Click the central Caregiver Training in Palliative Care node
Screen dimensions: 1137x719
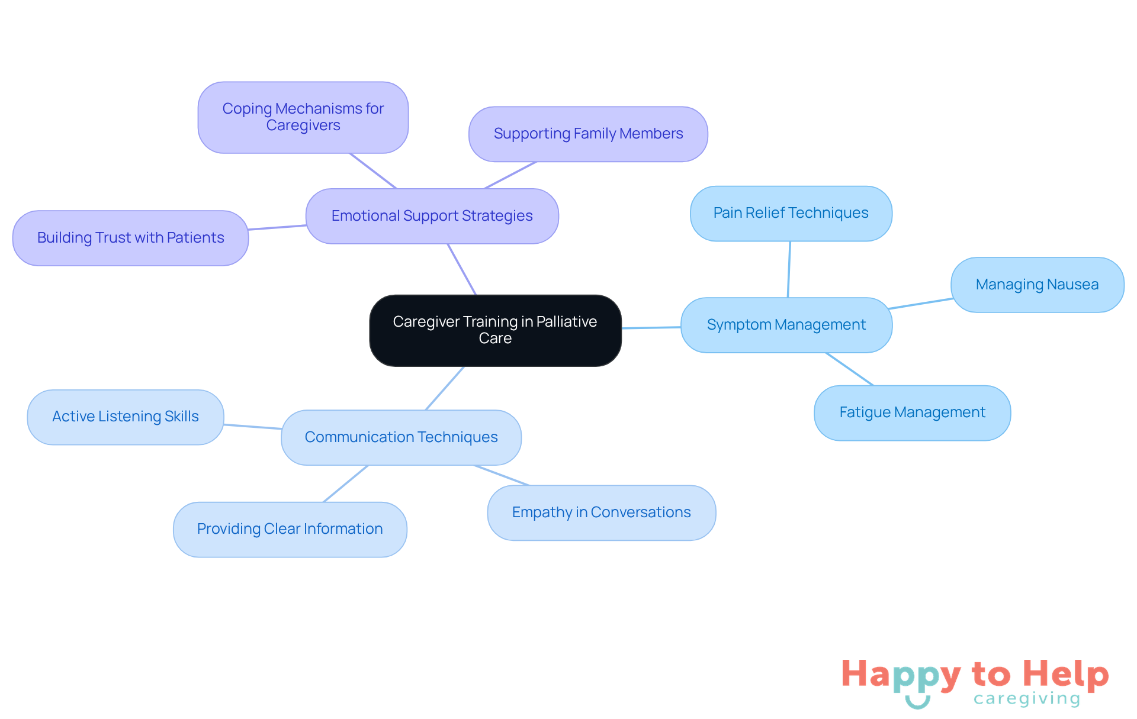pos(495,330)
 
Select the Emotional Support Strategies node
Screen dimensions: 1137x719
pos(432,216)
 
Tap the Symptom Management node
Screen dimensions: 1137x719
pos(786,325)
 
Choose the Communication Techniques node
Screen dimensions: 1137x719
pos(401,437)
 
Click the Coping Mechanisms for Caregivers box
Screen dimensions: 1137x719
pos(303,117)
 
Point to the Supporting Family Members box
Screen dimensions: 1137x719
pos(588,134)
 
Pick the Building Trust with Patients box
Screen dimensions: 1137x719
pos(130,238)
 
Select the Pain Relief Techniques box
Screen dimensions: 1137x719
pos(791,213)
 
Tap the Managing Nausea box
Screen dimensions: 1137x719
pos(1037,285)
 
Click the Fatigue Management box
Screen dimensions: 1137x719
pos(912,412)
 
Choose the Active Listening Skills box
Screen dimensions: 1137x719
pos(126,417)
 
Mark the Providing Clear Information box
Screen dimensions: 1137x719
pos(290,529)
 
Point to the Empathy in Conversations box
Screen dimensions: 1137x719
pos(601,512)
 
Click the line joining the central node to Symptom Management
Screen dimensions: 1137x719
pos(651,327)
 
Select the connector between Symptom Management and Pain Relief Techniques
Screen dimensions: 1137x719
pos(789,269)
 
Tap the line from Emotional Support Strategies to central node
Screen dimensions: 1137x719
pos(462,269)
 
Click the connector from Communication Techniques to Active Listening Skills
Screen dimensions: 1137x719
pos(253,427)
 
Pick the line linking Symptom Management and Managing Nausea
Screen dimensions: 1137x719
pos(921,304)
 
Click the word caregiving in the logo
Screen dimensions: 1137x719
pos(1026,699)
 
